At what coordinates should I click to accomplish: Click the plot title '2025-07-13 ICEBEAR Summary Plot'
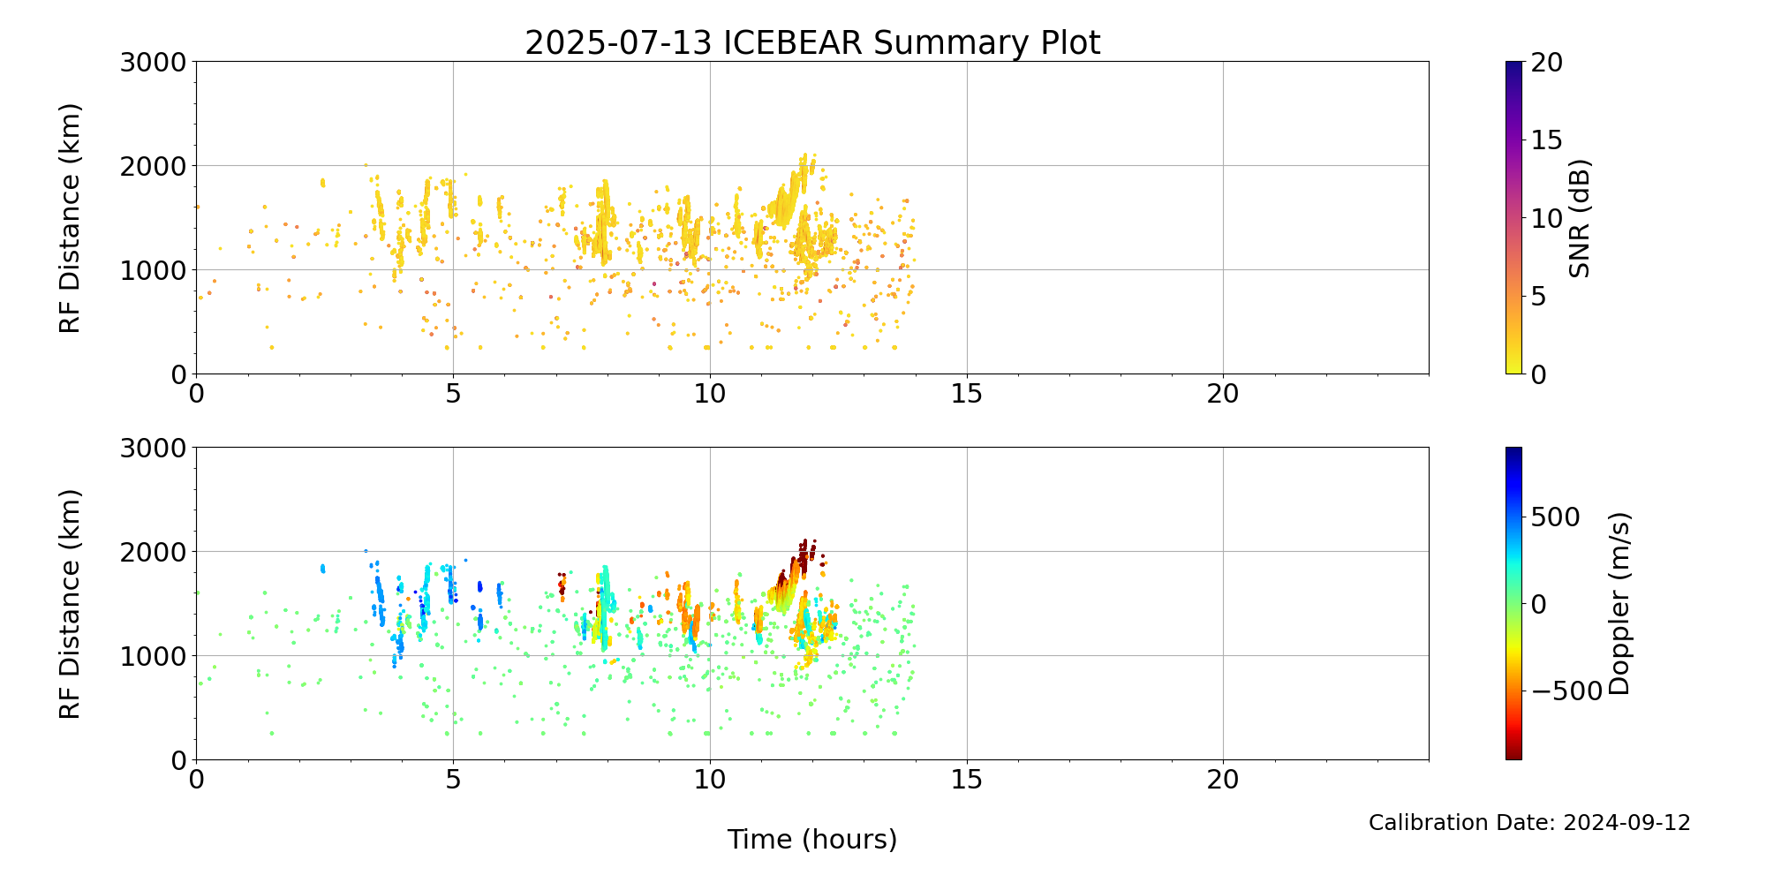click(812, 42)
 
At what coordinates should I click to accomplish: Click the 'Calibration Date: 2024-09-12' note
click(1529, 823)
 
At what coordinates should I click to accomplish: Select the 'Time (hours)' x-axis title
click(812, 839)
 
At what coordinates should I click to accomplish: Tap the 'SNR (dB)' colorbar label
click(1580, 218)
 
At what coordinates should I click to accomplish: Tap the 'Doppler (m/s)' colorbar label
click(1619, 603)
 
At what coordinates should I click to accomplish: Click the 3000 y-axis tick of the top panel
click(154, 62)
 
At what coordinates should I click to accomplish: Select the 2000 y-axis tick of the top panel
click(154, 166)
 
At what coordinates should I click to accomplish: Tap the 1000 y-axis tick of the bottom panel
click(154, 655)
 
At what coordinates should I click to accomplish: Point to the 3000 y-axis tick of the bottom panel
click(154, 448)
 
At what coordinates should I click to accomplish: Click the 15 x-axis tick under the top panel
click(967, 394)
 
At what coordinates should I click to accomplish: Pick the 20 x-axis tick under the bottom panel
click(1223, 780)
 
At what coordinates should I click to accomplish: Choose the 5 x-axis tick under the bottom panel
click(453, 780)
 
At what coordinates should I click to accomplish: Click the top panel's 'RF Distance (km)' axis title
click(70, 218)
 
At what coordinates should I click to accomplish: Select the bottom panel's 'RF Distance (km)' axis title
click(70, 604)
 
